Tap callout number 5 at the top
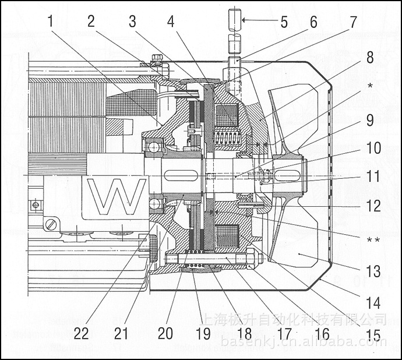(284, 22)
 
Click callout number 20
(166, 334)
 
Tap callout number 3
(133, 22)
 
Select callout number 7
(352, 22)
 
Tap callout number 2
(91, 22)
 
